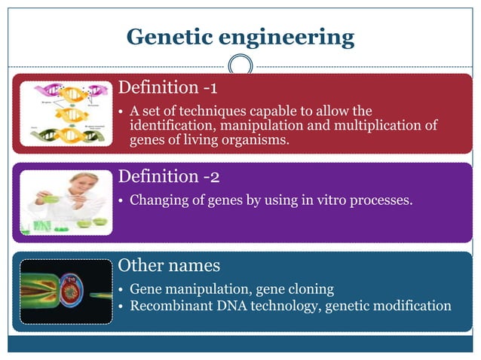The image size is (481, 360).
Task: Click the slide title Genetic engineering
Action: click(x=240, y=36)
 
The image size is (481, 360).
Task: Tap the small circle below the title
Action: click(x=240, y=66)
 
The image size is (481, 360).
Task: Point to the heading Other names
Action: click(x=170, y=266)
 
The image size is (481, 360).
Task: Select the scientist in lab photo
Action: click(x=66, y=201)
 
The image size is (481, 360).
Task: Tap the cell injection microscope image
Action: click(x=66, y=291)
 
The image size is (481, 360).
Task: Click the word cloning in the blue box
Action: click(x=310, y=289)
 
